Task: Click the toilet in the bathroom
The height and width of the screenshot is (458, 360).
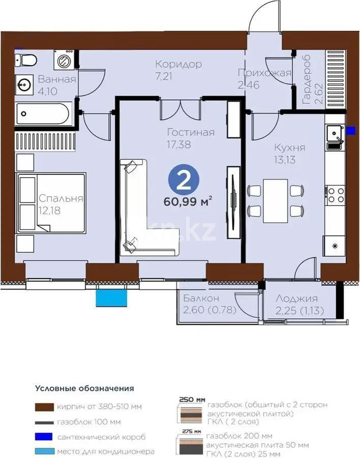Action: (x=26, y=60)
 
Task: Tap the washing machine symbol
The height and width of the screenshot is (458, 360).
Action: (x=64, y=60)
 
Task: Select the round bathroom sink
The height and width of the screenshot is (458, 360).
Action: (x=24, y=85)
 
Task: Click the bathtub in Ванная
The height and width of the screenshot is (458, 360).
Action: (x=43, y=113)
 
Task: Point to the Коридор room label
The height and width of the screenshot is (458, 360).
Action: (x=178, y=64)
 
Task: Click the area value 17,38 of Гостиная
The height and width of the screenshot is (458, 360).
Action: (x=178, y=145)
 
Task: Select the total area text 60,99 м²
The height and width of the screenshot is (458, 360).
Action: (x=188, y=202)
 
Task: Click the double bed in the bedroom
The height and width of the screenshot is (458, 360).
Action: (x=51, y=203)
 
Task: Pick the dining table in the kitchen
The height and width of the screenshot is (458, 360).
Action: (x=275, y=201)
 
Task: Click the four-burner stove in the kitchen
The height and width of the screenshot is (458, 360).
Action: (x=335, y=195)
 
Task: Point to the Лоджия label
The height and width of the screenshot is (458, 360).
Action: (x=296, y=298)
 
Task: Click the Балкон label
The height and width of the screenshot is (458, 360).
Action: (x=201, y=298)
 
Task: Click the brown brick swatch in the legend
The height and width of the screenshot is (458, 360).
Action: (x=44, y=407)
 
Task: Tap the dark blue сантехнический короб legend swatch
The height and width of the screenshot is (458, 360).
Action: (x=44, y=437)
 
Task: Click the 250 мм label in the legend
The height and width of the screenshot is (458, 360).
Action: (x=192, y=399)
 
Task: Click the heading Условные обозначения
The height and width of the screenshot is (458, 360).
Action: (x=85, y=388)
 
